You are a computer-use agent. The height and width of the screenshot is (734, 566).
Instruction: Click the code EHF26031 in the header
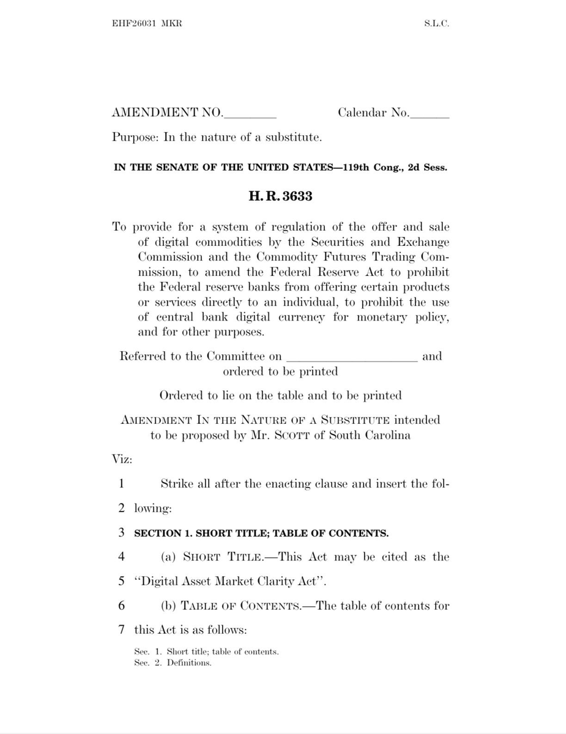(133, 24)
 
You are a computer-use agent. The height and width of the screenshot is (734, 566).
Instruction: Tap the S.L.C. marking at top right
(436, 24)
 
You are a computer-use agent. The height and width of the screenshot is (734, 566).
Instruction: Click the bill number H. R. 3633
(281, 197)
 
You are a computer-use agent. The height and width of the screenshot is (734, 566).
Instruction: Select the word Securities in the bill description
(335, 242)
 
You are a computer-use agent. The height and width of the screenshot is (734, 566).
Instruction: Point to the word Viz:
(120, 459)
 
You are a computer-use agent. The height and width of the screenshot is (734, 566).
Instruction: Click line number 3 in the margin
(122, 532)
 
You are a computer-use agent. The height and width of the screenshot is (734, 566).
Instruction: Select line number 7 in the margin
(122, 629)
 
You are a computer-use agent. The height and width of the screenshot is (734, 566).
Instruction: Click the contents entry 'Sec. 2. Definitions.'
(173, 663)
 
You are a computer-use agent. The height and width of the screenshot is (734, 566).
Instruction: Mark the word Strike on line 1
(176, 483)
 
